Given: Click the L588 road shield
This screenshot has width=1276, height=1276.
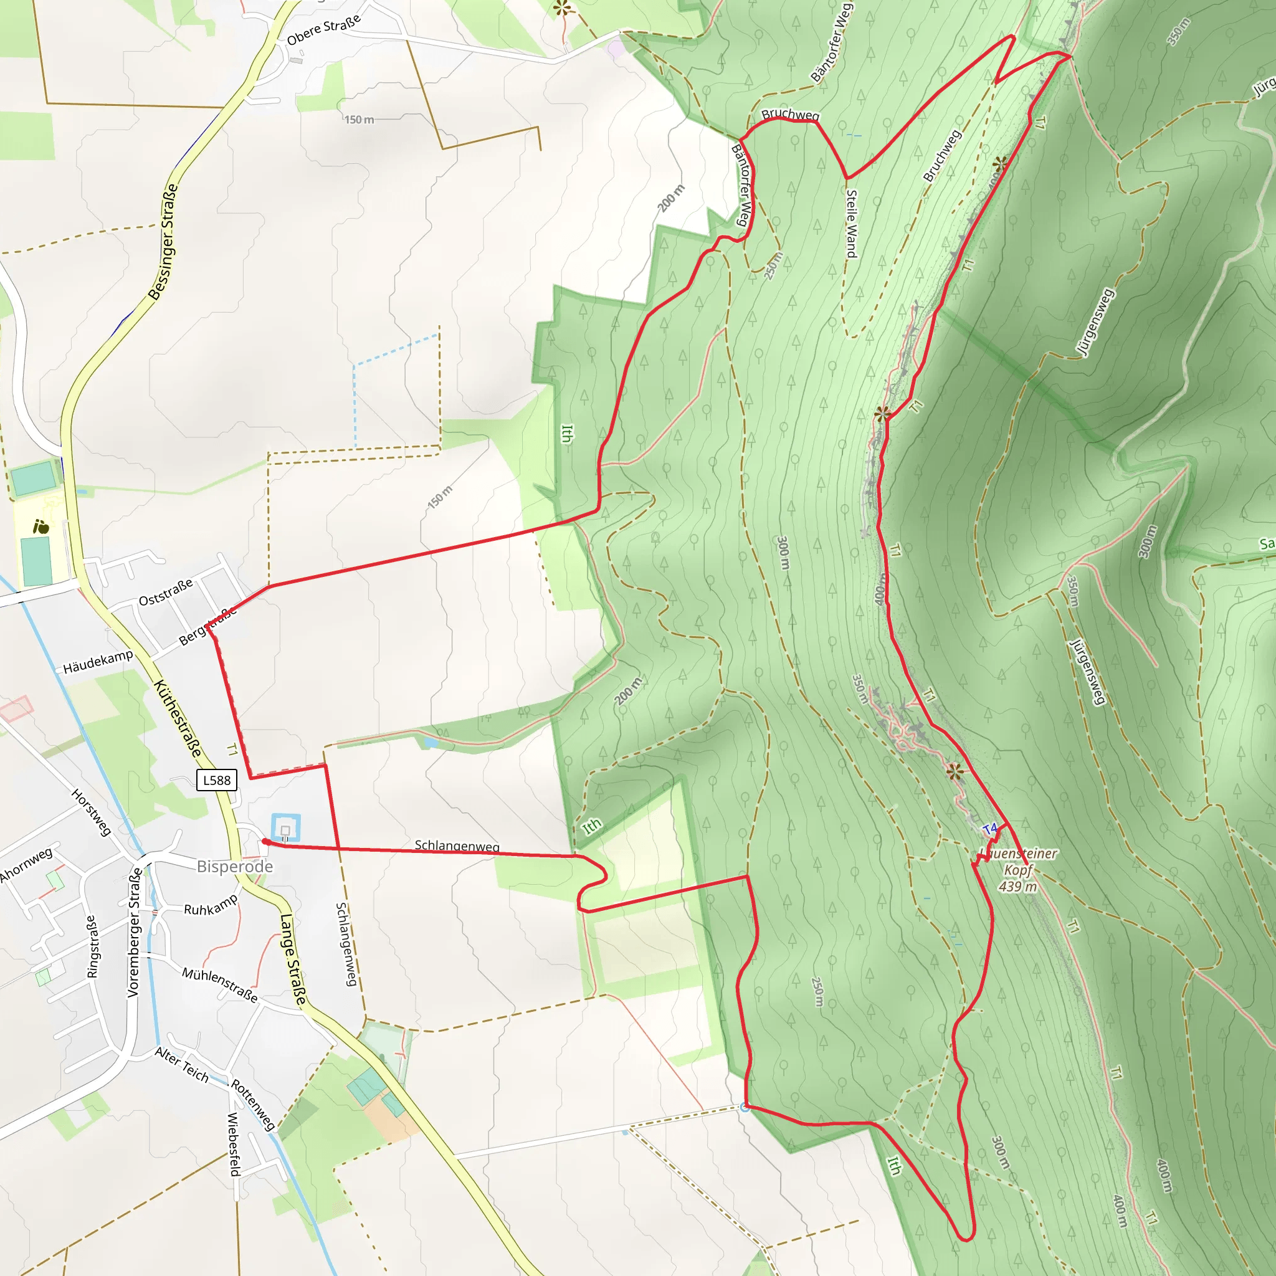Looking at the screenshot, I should coord(217,780).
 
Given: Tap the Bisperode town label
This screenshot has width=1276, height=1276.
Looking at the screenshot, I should coord(234,867).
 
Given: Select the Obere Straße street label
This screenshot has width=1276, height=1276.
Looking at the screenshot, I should coord(323,30).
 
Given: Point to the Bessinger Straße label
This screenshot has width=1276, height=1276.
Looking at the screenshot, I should coord(163,242).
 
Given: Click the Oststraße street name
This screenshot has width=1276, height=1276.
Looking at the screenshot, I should coord(166,592).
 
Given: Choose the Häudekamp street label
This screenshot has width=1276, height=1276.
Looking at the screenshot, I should coord(98,661).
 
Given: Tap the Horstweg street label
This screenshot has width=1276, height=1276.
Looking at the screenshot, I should coord(90,812).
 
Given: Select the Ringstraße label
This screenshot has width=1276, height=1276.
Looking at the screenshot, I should coord(92,946).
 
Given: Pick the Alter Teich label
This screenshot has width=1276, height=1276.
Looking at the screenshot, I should coord(182,1065).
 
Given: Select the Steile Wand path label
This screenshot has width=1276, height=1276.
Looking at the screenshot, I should coord(851,223).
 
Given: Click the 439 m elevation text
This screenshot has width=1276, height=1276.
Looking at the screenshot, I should coord(1018,887).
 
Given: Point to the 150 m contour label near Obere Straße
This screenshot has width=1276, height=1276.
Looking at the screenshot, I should coord(359,120).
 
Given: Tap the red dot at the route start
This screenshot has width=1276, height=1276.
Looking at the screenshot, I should coord(265,841).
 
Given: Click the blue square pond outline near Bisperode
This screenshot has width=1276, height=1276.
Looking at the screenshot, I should coord(285,828).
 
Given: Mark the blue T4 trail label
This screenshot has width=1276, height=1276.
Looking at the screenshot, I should coord(990,828).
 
